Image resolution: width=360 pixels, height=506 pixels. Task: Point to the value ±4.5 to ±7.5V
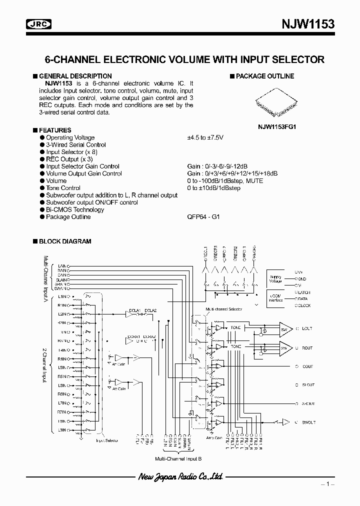click(x=205, y=137)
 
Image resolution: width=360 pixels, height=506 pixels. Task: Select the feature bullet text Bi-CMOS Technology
click(x=75, y=210)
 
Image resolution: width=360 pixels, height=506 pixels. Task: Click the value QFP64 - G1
click(x=203, y=217)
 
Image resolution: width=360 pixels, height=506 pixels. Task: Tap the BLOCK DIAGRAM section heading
click(x=64, y=241)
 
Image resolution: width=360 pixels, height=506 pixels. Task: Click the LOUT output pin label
click(x=306, y=328)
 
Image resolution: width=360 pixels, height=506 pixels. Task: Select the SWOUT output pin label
click(x=308, y=422)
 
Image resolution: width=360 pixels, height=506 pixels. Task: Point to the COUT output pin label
click(x=307, y=366)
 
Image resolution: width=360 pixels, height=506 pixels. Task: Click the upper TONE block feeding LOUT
click(x=235, y=327)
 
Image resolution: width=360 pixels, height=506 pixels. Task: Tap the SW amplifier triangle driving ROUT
click(x=283, y=347)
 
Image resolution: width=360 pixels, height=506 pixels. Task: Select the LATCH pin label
click(x=303, y=291)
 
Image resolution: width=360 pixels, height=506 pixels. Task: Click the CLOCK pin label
click(x=303, y=305)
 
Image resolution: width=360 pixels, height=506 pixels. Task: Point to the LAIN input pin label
click(x=62, y=265)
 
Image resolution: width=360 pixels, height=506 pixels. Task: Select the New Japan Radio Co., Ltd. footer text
click(x=180, y=477)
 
